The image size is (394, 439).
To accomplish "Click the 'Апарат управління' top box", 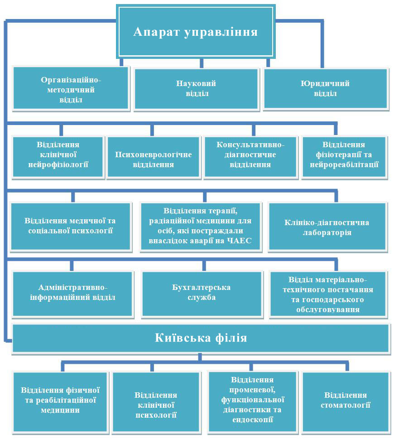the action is coord(196,31).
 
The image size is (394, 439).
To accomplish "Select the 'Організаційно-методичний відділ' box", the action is coord(71,89).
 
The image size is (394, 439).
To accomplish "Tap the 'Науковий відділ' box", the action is coord(196,89).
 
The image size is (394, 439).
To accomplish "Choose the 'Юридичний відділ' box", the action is coord(326,88).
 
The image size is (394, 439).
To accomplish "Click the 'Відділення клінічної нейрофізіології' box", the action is coord(58,157).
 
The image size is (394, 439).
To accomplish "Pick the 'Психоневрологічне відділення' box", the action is coord(154,157).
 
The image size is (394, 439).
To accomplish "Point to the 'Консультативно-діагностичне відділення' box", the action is coord(250,157).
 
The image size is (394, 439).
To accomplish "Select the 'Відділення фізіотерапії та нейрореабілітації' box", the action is coord(344,157).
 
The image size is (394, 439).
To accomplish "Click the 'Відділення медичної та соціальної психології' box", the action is coord(71,226).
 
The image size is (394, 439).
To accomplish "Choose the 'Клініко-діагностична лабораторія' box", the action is coord(327,226).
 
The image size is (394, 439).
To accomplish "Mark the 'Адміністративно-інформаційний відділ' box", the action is coord(72,294).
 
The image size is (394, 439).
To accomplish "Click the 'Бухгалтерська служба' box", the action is coord(202,294).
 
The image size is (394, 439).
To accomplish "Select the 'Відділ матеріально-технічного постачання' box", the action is coord(328,294).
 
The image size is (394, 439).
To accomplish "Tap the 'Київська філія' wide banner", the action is coord(201,338).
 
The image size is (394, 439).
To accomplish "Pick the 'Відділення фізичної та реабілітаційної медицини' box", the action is coord(60,401).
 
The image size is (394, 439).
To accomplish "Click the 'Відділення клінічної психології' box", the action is coord(156,401).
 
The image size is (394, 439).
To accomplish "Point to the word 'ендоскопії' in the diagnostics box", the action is coord(252,420).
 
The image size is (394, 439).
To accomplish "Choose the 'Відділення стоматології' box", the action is coord(346,401).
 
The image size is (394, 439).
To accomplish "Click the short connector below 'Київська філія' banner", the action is coord(200,357).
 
